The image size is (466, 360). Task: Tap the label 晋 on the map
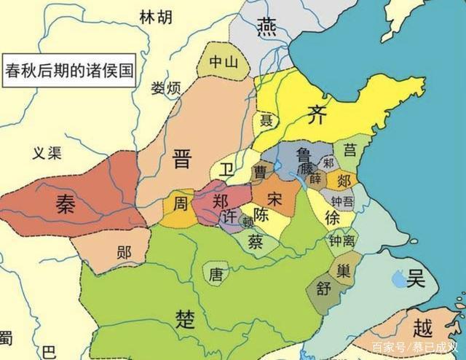point(181,158)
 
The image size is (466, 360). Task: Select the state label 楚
point(185,318)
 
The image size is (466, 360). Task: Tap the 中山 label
point(224,63)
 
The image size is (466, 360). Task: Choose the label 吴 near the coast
point(415,278)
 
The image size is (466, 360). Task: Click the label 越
point(422,327)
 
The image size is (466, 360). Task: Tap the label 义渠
point(49,153)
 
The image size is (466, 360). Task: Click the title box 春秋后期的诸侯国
point(69,71)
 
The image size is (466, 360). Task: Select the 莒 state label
point(350,151)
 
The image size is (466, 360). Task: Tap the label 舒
point(321,287)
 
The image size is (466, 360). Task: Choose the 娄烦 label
point(166,88)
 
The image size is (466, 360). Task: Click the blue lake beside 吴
point(398,278)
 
